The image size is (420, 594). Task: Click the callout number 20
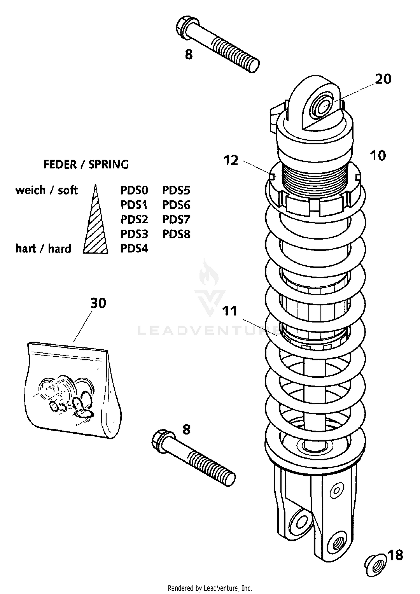(x=383, y=79)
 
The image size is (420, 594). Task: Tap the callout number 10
(x=378, y=156)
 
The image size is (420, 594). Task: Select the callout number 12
(x=231, y=161)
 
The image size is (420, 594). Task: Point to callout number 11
(x=230, y=311)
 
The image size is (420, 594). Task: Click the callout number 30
(x=98, y=303)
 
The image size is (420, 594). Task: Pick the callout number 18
(x=396, y=555)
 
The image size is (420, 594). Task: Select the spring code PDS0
(x=134, y=190)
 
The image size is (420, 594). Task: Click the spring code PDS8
(x=176, y=234)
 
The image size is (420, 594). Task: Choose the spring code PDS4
(x=134, y=249)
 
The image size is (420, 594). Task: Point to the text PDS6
(x=176, y=205)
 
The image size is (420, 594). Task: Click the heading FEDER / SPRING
(x=86, y=165)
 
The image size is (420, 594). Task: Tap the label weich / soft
(x=46, y=190)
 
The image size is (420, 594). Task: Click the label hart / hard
(x=43, y=249)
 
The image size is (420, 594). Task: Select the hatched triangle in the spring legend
(x=95, y=230)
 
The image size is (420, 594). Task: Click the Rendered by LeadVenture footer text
(x=210, y=588)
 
